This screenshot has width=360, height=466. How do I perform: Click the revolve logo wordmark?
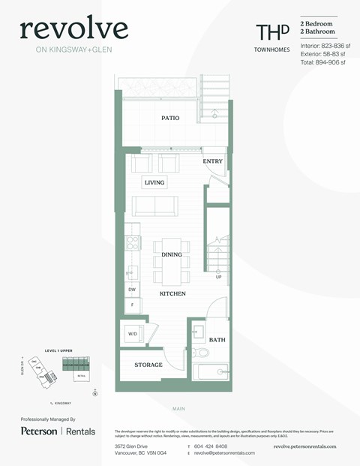73,29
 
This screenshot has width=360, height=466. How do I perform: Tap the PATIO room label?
170,118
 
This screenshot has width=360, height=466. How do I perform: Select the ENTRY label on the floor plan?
213,161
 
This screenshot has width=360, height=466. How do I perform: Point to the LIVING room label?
154,182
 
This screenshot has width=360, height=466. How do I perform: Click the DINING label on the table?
172,255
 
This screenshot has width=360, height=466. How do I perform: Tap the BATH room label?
217,340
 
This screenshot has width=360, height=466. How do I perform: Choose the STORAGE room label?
148,365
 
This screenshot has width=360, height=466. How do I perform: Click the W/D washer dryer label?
133,334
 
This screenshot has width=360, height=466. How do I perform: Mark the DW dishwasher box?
132,289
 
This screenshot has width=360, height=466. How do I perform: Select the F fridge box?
132,305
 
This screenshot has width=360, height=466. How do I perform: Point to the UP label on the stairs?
218,277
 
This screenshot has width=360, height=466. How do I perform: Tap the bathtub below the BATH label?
209,371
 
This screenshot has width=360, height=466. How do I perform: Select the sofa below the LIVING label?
154,206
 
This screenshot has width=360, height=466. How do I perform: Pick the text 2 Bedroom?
317,25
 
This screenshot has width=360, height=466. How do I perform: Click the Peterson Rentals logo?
58,431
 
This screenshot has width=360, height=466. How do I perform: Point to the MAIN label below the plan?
178,408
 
